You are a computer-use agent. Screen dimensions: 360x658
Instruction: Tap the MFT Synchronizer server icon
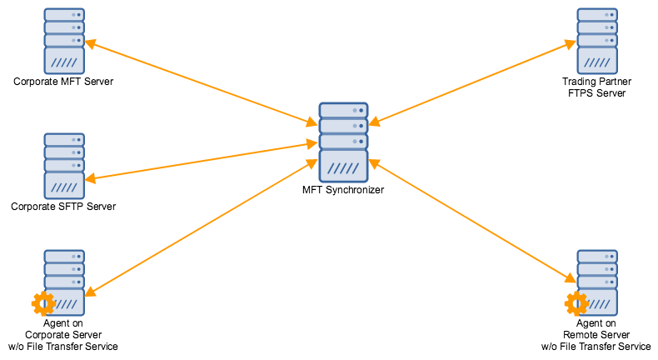click(x=343, y=142)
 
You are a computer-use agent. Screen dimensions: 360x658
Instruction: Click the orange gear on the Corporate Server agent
click(x=42, y=302)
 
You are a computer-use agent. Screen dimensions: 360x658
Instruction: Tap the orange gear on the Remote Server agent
click(x=576, y=302)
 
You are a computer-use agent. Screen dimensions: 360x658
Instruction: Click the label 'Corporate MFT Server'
click(x=63, y=82)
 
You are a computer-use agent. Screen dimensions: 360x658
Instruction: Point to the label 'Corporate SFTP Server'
click(x=63, y=206)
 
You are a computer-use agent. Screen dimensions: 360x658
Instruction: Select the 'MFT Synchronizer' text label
click(x=343, y=190)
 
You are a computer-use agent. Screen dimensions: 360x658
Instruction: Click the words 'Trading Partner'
click(x=596, y=82)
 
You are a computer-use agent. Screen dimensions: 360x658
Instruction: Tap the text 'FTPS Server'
click(x=596, y=92)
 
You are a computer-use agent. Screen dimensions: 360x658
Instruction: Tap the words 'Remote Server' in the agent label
click(x=596, y=335)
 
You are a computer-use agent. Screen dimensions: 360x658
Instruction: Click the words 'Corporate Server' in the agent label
click(x=63, y=335)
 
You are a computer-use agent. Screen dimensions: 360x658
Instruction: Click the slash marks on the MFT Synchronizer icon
click(x=343, y=168)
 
